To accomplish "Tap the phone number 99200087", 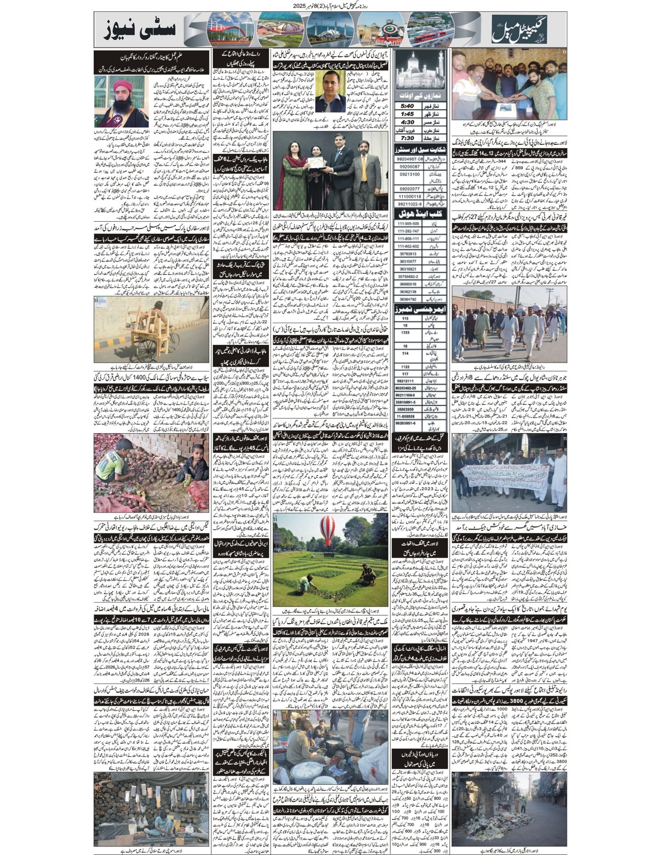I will [x=408, y=167].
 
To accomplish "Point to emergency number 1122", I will [x=405, y=366].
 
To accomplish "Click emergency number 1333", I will [x=405, y=332].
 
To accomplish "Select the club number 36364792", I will [x=407, y=299].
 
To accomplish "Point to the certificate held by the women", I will [x=314, y=164].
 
